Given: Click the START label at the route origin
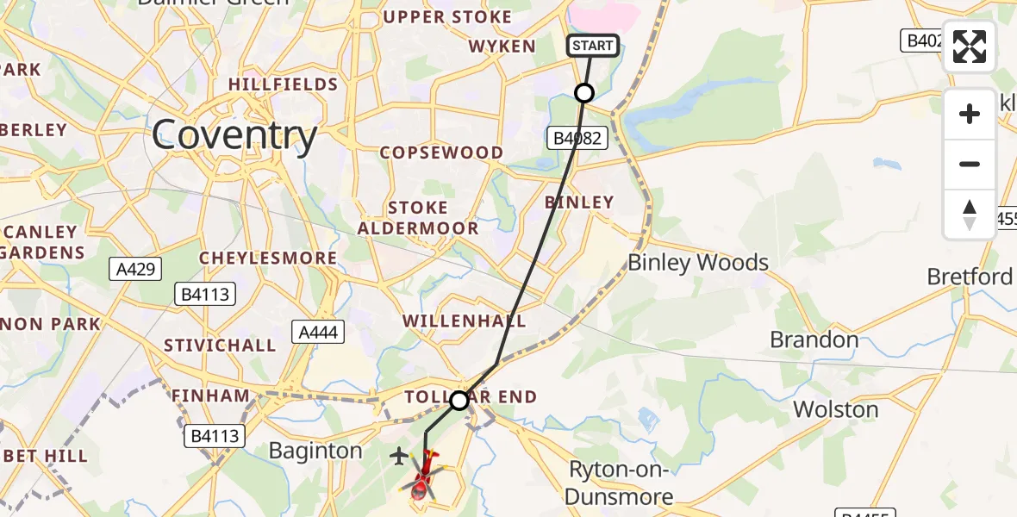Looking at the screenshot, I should pos(593,46).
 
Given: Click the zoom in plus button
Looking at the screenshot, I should pos(970,114).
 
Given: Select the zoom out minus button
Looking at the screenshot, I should pos(970,164).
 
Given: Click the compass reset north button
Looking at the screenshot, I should pos(970,214).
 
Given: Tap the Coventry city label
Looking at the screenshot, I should pos(234,135).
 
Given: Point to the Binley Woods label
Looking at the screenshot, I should pos(698,262).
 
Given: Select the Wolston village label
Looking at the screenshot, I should pos(835,408).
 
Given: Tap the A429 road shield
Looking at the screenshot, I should pos(136,270).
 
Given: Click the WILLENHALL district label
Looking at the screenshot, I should pos(464,321).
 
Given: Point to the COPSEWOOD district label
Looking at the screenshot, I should pos(442,153).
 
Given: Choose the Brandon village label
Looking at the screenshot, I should pos(814,339).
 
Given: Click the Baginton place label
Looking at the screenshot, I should pos(315,451).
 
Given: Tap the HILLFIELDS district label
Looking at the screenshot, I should pos(283,84).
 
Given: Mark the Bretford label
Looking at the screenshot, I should pos(970,277).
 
